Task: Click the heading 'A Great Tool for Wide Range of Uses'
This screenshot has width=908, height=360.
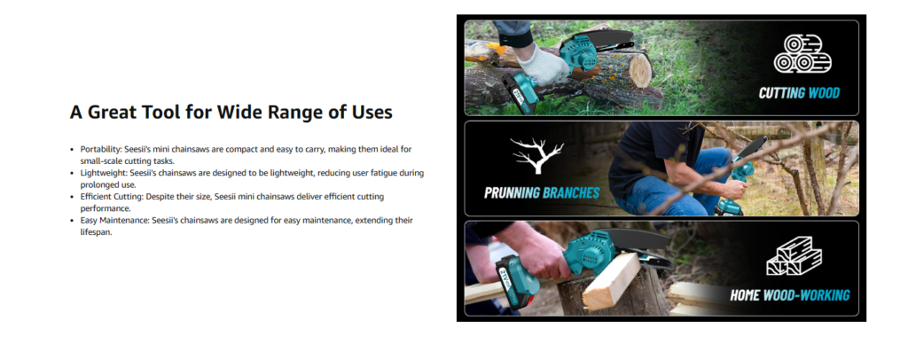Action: [x=231, y=112]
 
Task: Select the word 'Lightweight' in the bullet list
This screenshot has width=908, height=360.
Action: [x=103, y=173]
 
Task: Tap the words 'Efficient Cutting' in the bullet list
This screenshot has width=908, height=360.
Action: [x=111, y=197]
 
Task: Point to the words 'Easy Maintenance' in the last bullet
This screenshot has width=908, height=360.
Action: [x=113, y=221]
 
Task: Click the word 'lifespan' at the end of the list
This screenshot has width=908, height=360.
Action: [x=95, y=232]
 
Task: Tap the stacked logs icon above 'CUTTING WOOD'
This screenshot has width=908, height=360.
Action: [x=802, y=54]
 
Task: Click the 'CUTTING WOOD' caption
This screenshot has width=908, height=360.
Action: [x=799, y=92]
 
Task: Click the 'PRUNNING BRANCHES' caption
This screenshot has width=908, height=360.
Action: [x=542, y=192]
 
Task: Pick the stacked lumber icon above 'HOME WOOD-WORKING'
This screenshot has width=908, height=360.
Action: [x=794, y=256]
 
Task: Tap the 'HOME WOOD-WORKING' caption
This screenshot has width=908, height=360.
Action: [x=789, y=295]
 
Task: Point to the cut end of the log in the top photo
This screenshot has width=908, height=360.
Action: [x=640, y=69]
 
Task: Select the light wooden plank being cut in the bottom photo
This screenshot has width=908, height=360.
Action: [x=612, y=280]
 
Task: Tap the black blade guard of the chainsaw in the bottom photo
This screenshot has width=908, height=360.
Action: [x=637, y=239]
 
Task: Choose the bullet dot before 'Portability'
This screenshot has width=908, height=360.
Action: [x=72, y=150]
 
